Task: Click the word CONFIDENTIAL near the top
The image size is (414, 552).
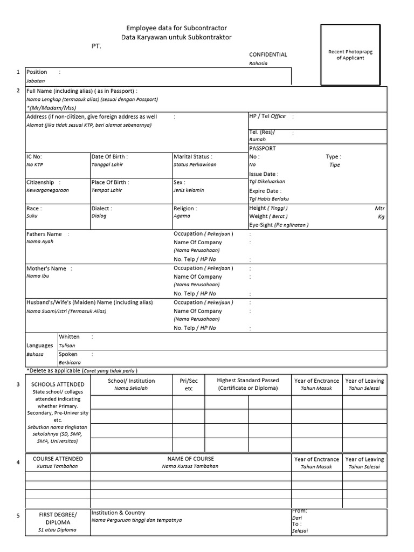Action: [x=268, y=54]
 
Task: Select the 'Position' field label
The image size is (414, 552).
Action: [x=37, y=72]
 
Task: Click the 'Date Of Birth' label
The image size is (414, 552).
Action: [x=109, y=156]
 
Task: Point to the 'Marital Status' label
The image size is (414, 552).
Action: [x=192, y=156]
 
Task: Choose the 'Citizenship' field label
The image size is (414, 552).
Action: [x=40, y=182]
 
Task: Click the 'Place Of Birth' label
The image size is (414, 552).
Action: [x=110, y=182]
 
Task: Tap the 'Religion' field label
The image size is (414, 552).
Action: [x=185, y=208]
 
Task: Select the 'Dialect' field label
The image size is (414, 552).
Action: [x=101, y=208]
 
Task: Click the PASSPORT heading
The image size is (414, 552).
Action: [x=263, y=148]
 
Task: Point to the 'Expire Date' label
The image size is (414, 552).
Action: [x=265, y=191]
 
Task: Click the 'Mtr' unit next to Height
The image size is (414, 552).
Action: [x=379, y=208]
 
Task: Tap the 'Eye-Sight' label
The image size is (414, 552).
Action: [x=261, y=225]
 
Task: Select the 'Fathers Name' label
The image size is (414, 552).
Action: [x=44, y=234]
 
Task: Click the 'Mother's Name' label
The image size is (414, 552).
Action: [x=46, y=268]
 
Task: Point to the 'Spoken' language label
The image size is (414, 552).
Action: [x=68, y=354]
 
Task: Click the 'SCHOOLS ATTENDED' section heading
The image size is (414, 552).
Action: [x=54, y=384]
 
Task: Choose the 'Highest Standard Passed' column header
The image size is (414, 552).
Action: [x=248, y=381]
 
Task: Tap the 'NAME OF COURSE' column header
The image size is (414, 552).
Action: [x=190, y=459]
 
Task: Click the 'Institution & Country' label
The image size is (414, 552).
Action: [x=118, y=513]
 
